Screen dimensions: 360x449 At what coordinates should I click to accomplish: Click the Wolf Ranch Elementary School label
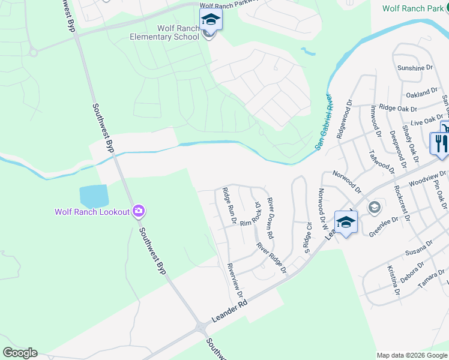click(x=165, y=32)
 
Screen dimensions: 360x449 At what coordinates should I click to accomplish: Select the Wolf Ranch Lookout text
click(x=92, y=212)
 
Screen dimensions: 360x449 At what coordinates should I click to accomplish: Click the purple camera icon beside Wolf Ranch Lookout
click(x=139, y=211)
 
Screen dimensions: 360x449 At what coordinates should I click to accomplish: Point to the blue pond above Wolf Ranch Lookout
click(x=94, y=196)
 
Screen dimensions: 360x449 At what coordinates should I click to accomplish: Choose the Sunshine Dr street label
click(x=415, y=68)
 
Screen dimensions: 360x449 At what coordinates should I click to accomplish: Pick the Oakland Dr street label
click(x=422, y=93)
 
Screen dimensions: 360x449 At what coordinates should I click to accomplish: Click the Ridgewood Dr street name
click(x=343, y=120)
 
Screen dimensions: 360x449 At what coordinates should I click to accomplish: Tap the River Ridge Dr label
click(x=271, y=259)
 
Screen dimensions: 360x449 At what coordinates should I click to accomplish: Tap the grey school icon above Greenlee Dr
click(x=375, y=208)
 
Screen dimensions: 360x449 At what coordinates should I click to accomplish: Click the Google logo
click(x=20, y=353)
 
